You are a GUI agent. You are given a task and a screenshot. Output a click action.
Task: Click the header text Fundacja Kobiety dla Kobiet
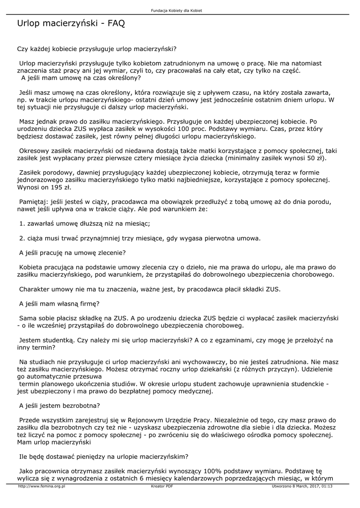pyautogui.click(x=180, y=10)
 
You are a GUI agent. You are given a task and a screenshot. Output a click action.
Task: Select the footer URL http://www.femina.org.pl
pyautogui.click(x=42, y=486)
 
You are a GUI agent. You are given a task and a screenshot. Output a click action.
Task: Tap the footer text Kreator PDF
pyautogui.click(x=162, y=486)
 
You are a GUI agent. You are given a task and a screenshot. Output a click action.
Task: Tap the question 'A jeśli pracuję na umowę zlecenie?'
pyautogui.click(x=72, y=253)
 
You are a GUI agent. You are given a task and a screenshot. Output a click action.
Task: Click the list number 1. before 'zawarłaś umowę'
pyautogui.click(x=22, y=224)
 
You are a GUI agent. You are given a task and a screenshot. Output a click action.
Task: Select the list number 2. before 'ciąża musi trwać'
pyautogui.click(x=22, y=238)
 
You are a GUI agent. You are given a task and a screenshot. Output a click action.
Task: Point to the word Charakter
pyautogui.click(x=36, y=289)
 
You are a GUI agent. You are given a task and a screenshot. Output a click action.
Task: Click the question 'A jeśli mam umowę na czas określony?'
pyautogui.click(x=81, y=78)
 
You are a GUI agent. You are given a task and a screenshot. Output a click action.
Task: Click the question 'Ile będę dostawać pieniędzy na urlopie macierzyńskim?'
pyautogui.click(x=103, y=456)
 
